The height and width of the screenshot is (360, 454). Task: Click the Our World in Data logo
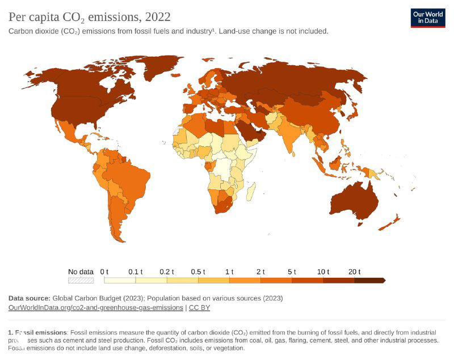point(428,18)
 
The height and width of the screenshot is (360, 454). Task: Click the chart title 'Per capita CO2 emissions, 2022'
point(89,17)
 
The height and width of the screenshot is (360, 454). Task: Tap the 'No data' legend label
point(81,272)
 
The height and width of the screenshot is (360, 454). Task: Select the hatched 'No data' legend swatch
point(81,280)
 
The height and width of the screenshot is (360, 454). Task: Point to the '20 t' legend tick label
point(355,272)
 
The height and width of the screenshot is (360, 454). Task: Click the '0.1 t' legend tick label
point(135,272)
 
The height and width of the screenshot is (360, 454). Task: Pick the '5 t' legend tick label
point(292,272)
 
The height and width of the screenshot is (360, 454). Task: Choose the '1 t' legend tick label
point(229,272)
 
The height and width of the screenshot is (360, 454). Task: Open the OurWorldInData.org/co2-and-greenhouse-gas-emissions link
point(95,307)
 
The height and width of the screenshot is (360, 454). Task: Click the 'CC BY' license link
point(199,307)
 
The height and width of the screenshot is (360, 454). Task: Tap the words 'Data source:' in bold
point(29,298)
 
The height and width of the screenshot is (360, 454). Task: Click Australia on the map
point(354,201)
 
